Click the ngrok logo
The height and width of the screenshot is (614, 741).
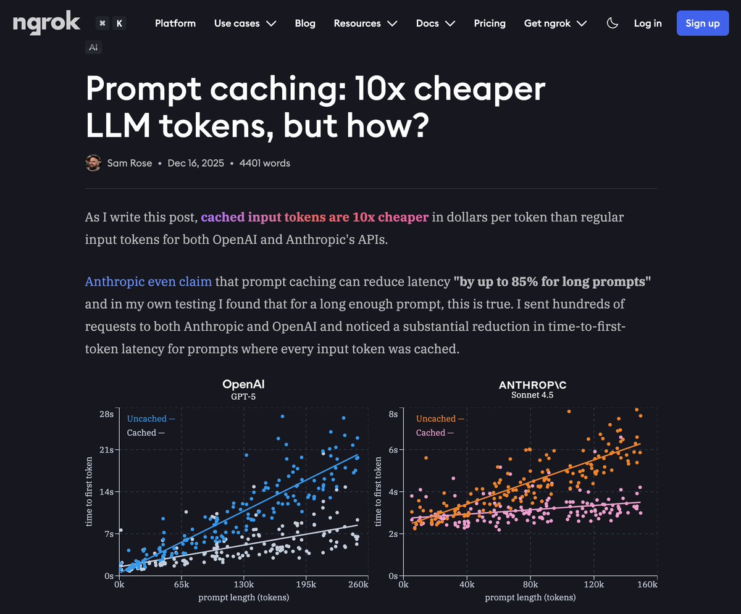click(46, 23)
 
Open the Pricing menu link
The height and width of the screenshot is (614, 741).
click(490, 23)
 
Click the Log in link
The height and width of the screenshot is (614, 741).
click(648, 23)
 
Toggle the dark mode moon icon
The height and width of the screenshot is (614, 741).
click(613, 23)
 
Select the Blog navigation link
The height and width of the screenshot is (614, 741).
click(305, 23)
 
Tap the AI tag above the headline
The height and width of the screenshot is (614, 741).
click(93, 47)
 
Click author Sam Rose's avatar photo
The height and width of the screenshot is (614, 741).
click(93, 163)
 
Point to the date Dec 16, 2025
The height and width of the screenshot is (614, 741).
click(195, 163)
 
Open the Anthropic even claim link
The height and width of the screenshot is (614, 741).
click(148, 282)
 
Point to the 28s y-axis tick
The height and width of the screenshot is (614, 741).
click(107, 414)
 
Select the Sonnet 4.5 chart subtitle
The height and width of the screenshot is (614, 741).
click(532, 395)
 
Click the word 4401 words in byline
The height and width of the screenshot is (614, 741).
click(264, 163)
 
